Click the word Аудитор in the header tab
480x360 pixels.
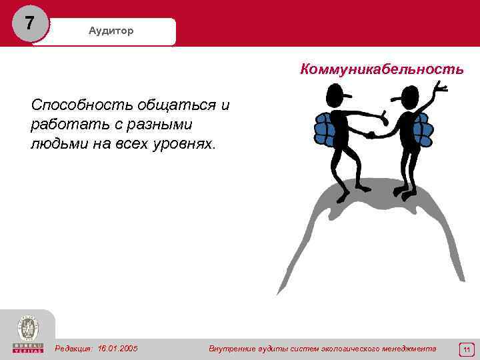[x=111, y=31]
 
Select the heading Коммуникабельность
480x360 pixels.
[x=382, y=69]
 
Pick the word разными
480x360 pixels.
[x=158, y=125]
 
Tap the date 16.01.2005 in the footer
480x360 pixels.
[x=118, y=348]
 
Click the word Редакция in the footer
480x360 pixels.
[x=74, y=348]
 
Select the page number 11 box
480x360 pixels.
[x=467, y=349]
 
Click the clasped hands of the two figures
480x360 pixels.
[x=371, y=134]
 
